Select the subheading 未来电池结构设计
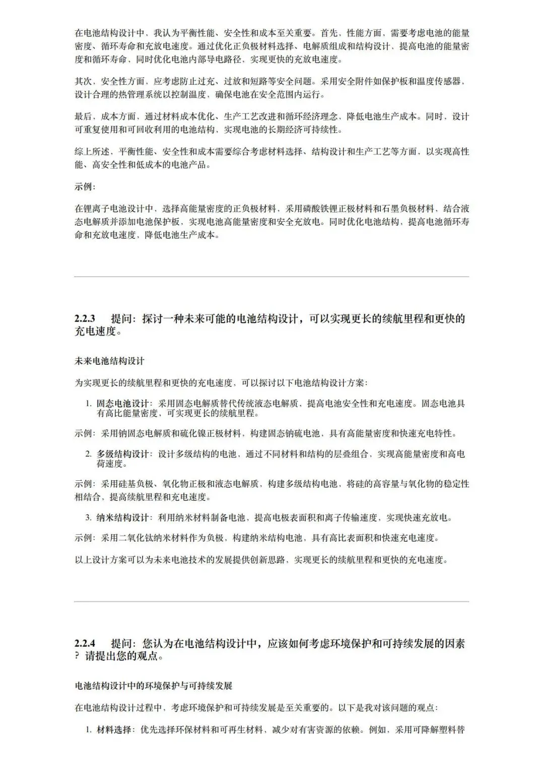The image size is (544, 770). (110, 361)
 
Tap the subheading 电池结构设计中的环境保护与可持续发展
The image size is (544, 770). (154, 686)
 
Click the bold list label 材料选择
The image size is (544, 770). (114, 730)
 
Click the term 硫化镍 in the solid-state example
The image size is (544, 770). (207, 433)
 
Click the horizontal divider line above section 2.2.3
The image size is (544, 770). (271, 277)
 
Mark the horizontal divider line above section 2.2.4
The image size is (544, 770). (271, 601)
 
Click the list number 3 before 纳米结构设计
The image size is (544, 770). (88, 518)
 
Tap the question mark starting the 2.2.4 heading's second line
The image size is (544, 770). (78, 657)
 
